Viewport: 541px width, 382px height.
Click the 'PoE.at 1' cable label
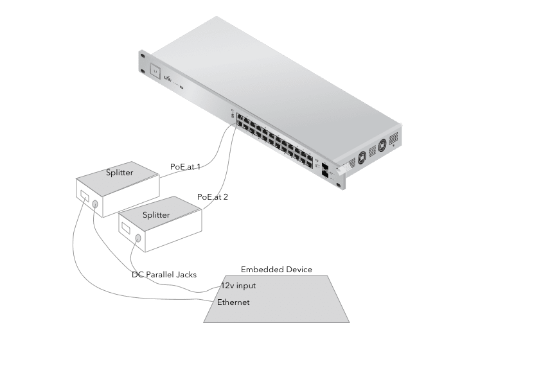point(185,166)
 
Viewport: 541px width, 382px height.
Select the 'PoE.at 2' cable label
point(213,197)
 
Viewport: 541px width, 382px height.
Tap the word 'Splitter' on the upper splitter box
point(120,173)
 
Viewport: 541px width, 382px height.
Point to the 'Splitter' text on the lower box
point(156,214)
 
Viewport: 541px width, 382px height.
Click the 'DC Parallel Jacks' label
point(164,274)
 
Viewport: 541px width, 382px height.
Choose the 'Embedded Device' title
point(277,269)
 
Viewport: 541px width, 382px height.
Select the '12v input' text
point(238,285)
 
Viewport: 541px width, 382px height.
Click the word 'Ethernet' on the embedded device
point(233,302)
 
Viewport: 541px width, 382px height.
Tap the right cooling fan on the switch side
point(384,144)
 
